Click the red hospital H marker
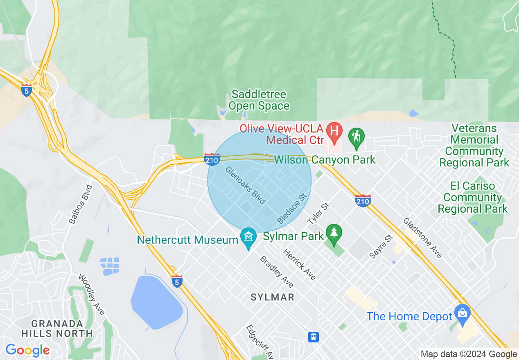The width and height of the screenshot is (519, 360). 334,132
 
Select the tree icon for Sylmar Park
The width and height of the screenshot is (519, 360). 334,234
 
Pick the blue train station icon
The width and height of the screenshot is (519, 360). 314,337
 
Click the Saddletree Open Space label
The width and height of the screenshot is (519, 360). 259,100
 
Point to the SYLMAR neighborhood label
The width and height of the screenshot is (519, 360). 273,297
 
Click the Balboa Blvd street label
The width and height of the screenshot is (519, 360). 81,204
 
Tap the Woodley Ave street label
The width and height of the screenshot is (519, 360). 92,295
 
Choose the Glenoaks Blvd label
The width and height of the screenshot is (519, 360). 246,185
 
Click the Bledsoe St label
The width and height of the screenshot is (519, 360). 292,209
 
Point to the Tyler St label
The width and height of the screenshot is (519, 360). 318,212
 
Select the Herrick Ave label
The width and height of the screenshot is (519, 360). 300,265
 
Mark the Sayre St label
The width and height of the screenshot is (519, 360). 381,246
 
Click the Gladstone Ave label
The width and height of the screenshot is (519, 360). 423,238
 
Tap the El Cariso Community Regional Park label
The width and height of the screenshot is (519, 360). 473,197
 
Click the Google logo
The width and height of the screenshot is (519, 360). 27,350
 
